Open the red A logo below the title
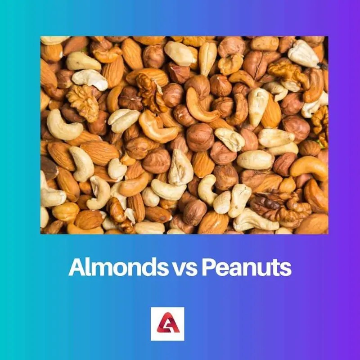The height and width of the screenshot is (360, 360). click(167, 324)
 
